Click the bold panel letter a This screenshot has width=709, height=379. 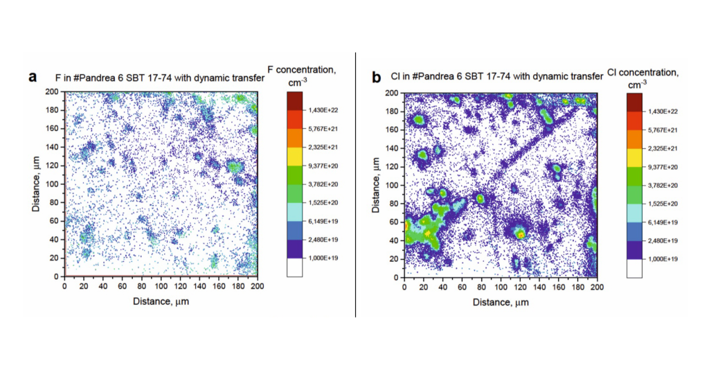32,77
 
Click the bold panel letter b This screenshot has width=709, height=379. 376,78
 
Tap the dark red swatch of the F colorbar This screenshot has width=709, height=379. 294,101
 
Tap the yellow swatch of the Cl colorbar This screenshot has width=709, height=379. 634,158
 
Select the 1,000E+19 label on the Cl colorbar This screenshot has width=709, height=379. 662,259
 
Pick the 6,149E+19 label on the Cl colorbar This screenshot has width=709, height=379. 662,222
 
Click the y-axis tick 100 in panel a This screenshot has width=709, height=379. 53,184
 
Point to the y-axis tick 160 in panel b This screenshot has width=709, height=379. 393,130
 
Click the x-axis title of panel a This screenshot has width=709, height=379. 161,301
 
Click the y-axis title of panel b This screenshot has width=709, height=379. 376,185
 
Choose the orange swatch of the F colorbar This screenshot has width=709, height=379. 294,139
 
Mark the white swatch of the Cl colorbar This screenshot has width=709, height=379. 634,268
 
